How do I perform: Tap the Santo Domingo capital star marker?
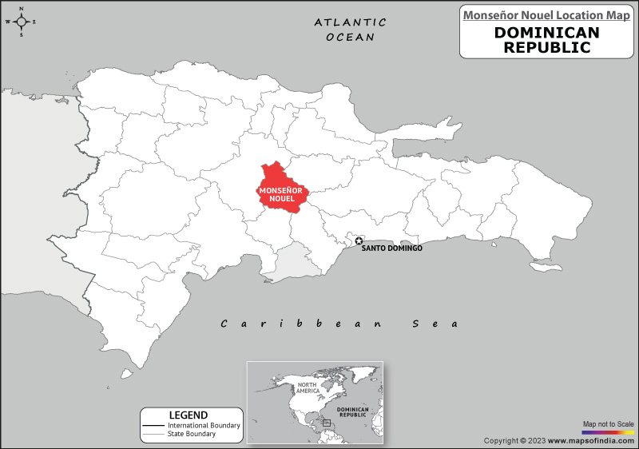pos(359,240)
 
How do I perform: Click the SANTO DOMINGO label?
pos(392,248)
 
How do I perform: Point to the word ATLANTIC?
pos(350,22)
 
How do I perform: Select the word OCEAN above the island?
pos(350,38)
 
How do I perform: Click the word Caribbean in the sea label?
pos(304,324)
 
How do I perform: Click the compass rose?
pos(22,22)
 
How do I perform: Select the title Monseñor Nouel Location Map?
pos(547,14)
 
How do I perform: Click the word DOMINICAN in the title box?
pos(547,33)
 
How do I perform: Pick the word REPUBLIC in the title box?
pos(547,47)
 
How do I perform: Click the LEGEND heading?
pos(189,415)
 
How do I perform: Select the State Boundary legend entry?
pos(192,434)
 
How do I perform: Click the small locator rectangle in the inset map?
pos(327,422)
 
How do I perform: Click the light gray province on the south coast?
pos(293,264)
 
